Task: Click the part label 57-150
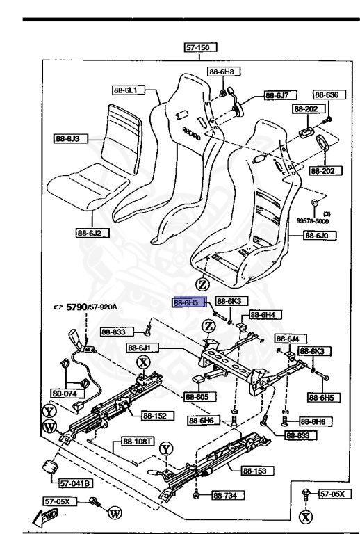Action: point(200,48)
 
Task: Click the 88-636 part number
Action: point(325,95)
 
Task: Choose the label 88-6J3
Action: point(69,138)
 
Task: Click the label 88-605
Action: point(197,397)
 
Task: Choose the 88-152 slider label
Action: point(157,416)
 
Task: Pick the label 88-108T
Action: point(138,442)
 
